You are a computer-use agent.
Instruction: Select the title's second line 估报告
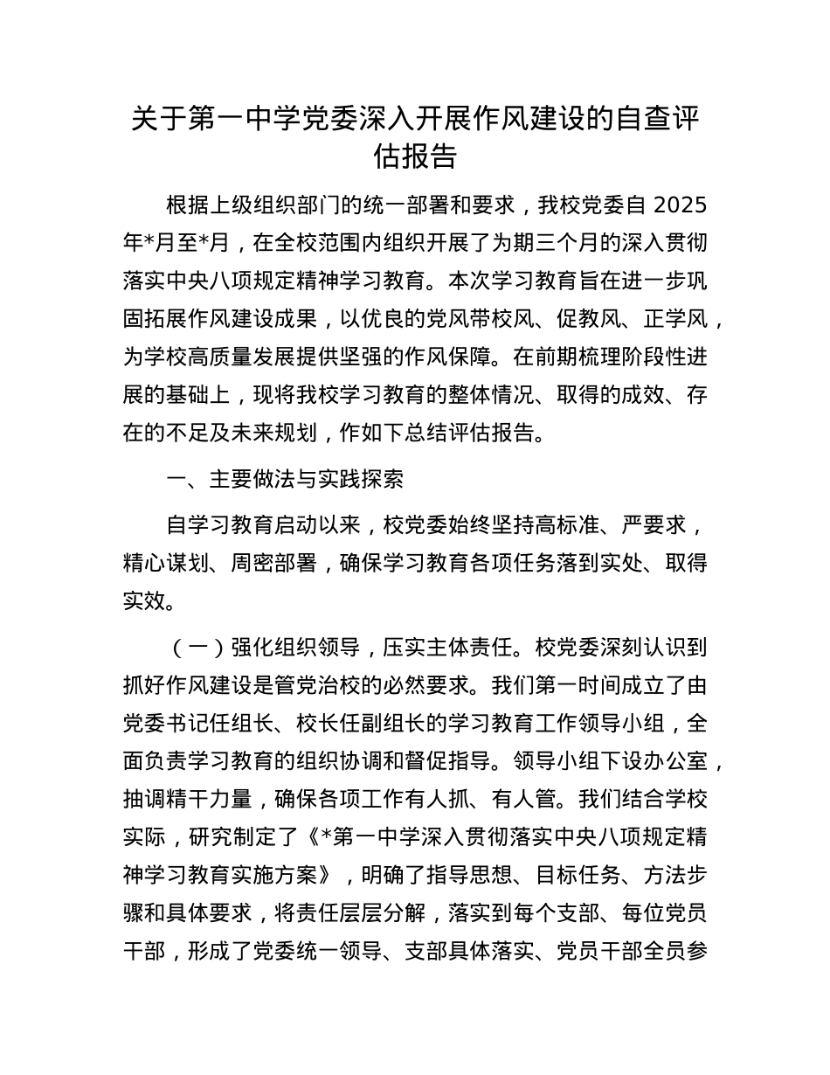click(x=415, y=156)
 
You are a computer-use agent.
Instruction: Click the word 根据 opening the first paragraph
click(x=187, y=205)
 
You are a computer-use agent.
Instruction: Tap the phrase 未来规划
click(x=283, y=433)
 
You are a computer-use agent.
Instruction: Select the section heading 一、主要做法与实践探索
click(x=284, y=479)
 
